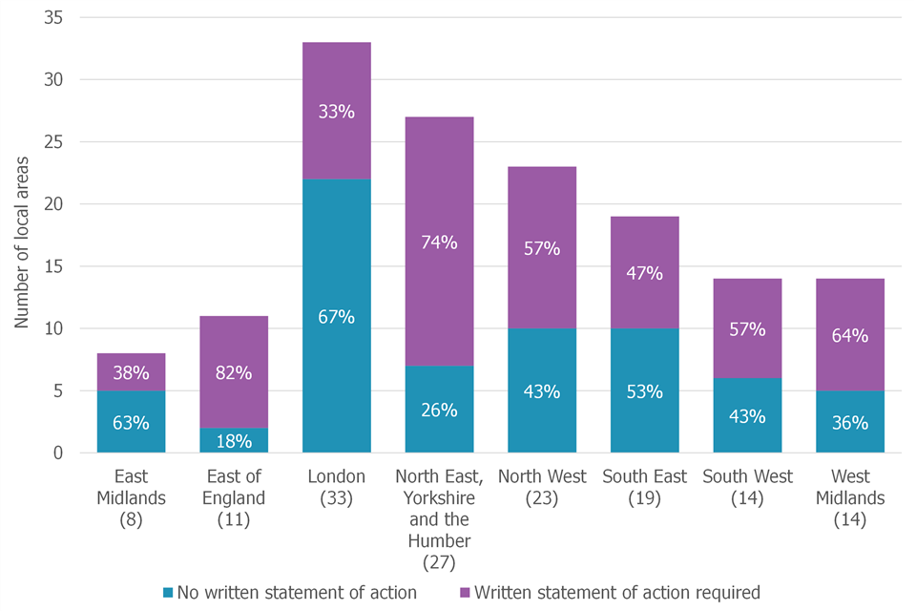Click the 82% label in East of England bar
click(234, 373)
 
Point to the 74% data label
click(439, 242)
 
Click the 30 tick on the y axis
click(60, 80)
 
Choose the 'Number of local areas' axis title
click(22, 239)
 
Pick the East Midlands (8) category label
click(131, 497)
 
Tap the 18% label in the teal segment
click(234, 441)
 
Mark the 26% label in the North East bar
click(439, 411)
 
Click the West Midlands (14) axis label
click(850, 497)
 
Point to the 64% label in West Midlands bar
click(850, 336)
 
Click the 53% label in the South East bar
click(644, 391)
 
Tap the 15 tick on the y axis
click(60, 266)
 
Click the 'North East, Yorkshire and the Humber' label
click(439, 518)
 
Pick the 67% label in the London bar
click(336, 317)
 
